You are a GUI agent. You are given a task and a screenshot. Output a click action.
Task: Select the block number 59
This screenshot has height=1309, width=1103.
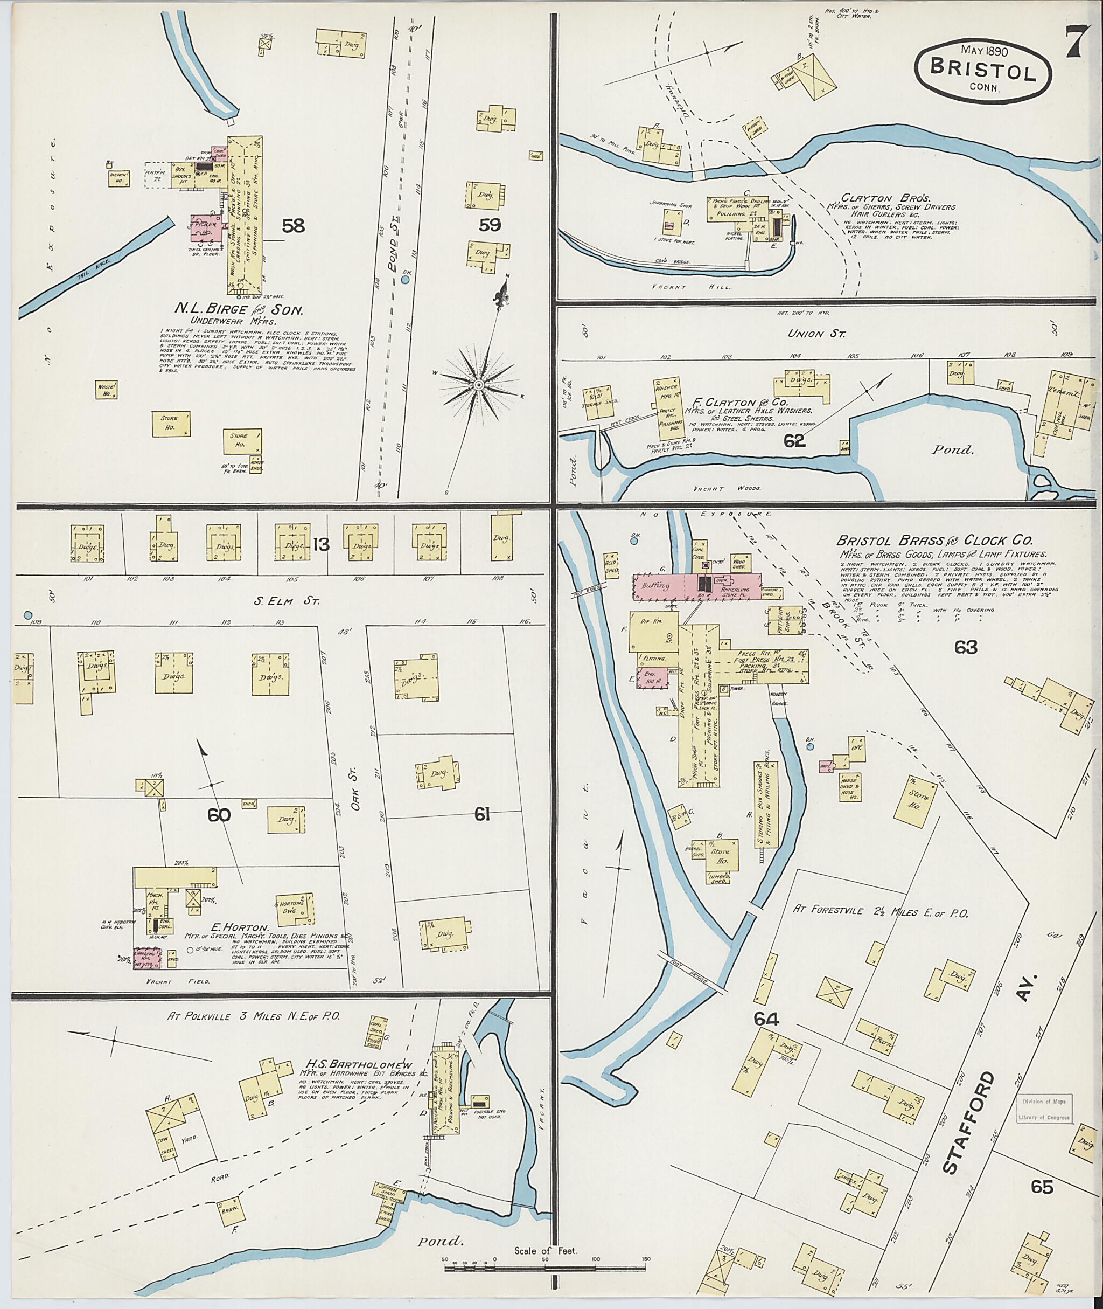pos(490,225)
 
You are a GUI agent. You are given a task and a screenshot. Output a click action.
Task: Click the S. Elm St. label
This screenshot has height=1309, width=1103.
pos(287,602)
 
